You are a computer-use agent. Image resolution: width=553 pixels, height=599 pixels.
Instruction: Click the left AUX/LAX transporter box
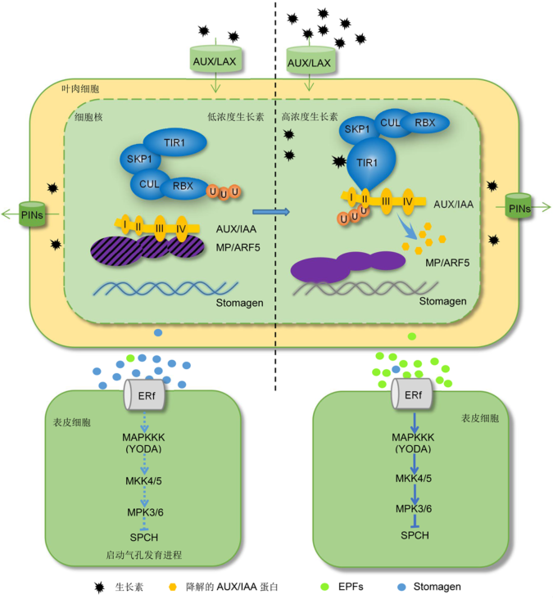pyautogui.click(x=216, y=61)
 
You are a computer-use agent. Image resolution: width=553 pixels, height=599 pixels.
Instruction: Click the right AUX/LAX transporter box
pyautogui.click(x=309, y=61)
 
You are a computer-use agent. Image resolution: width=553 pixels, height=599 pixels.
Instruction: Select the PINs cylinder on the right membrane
pyautogui.click(x=519, y=208)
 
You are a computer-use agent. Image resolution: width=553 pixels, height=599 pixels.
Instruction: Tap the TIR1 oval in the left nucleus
pyautogui.click(x=175, y=142)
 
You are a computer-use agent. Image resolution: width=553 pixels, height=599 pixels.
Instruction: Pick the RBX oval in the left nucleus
pyautogui.click(x=183, y=186)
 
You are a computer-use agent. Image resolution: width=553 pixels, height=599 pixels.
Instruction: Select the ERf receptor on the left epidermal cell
pyautogui.click(x=144, y=396)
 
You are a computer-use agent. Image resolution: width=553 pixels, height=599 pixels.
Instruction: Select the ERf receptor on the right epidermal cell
pyautogui.click(x=413, y=396)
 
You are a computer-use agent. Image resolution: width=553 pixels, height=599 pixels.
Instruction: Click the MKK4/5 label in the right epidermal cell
pyautogui.click(x=413, y=478)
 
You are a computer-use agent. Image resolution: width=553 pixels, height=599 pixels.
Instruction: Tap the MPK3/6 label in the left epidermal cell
pyautogui.click(x=144, y=510)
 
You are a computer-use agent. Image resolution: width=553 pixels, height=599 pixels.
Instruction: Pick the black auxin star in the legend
pyautogui.click(x=100, y=587)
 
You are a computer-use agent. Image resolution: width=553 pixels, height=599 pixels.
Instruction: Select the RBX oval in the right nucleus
pyautogui.click(x=424, y=123)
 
